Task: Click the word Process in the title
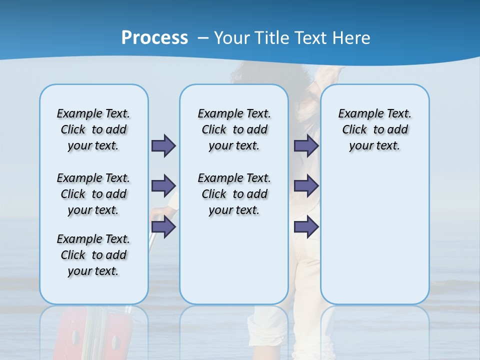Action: coord(154,38)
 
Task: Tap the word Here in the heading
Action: coord(352,38)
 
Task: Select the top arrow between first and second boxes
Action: coord(163,145)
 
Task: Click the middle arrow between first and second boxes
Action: coord(163,186)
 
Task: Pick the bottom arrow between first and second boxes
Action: coord(163,227)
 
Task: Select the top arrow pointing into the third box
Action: coord(306,145)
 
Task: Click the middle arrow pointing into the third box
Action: coord(306,186)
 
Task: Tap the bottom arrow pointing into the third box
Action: coord(306,227)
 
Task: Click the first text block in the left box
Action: coord(93,129)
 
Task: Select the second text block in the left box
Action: coord(93,194)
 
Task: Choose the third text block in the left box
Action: coord(93,255)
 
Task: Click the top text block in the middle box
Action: coord(234,129)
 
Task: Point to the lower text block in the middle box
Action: coord(234,194)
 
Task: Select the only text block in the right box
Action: coord(374,129)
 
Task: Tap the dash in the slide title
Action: coord(203,38)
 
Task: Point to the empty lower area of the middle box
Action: coord(234,260)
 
